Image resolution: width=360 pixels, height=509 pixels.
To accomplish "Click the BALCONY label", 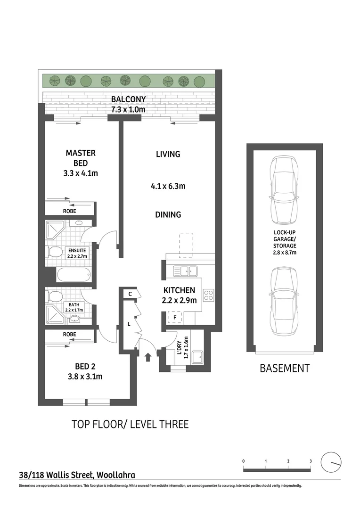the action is (128, 99).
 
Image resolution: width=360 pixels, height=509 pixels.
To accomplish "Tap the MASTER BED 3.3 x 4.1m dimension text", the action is (81, 173).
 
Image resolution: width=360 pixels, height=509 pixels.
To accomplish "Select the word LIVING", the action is (168, 154).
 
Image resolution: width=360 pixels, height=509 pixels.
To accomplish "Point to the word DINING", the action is (168, 214).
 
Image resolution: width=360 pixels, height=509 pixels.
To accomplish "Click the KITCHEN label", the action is (179, 290).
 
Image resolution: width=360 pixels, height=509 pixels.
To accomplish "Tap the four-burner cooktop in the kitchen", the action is (208, 295).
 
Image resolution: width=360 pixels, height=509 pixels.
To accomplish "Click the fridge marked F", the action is (175, 318).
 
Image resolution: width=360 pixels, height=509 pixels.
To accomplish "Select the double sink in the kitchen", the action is (185, 271).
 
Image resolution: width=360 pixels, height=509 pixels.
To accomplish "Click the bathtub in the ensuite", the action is (74, 275).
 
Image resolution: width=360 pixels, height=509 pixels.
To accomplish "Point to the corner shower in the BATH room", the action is (55, 314).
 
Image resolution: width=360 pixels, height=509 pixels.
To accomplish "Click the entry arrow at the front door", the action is (148, 357).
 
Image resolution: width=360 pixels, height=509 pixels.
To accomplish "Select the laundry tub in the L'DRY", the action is (197, 357).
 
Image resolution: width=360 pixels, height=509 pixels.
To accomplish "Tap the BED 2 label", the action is (85, 367).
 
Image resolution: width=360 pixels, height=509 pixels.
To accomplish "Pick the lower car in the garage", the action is (284, 302).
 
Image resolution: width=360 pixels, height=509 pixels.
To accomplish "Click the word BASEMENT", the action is (285, 368).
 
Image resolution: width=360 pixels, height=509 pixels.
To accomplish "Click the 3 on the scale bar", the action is (311, 461).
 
